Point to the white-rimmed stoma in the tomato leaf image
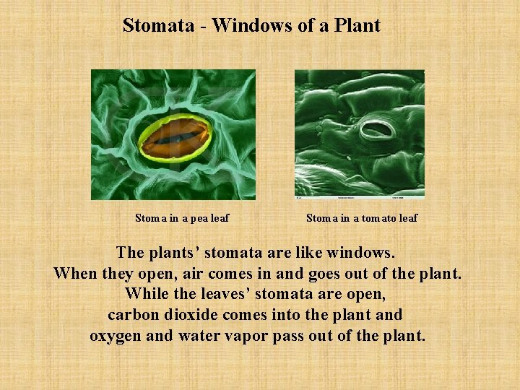[x=377, y=131]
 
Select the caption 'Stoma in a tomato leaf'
[x=361, y=218]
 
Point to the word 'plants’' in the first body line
[x=173, y=253]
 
